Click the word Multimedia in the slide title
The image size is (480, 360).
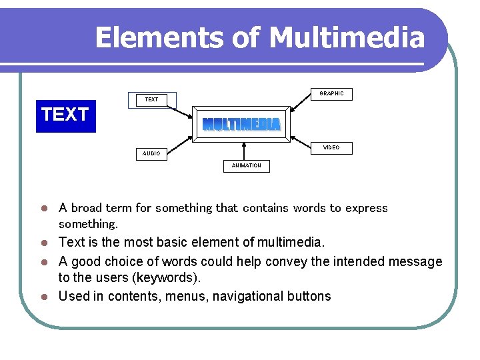(x=347, y=38)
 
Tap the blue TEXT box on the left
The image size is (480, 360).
(x=65, y=115)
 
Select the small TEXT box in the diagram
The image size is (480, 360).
(x=152, y=99)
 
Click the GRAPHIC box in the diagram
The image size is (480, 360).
(x=331, y=94)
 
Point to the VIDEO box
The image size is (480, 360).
(x=331, y=148)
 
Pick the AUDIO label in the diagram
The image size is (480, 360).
(x=151, y=154)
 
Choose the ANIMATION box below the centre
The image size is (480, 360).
(x=247, y=165)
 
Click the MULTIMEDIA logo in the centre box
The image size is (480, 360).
(x=241, y=125)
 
